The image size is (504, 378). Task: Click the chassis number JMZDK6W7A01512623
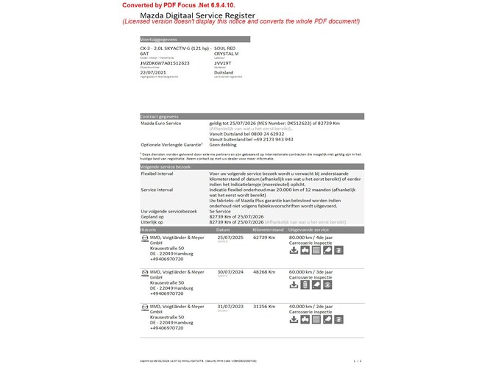[165, 63]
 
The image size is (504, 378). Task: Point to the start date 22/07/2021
[153, 73]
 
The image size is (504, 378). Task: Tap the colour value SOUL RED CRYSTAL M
[227, 51]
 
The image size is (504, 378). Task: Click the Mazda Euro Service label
[160, 123]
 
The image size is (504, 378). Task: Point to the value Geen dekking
[223, 144]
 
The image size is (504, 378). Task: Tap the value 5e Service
[221, 211]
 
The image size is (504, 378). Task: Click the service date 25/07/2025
[231, 237]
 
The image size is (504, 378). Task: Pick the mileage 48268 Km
[263, 271]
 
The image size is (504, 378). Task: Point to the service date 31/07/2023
[231, 306]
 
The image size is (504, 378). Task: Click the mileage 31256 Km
[263, 306]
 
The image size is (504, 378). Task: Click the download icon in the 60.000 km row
[294, 285]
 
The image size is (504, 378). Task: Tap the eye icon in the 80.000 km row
[338, 250]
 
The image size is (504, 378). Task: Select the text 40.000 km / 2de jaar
[311, 306]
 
